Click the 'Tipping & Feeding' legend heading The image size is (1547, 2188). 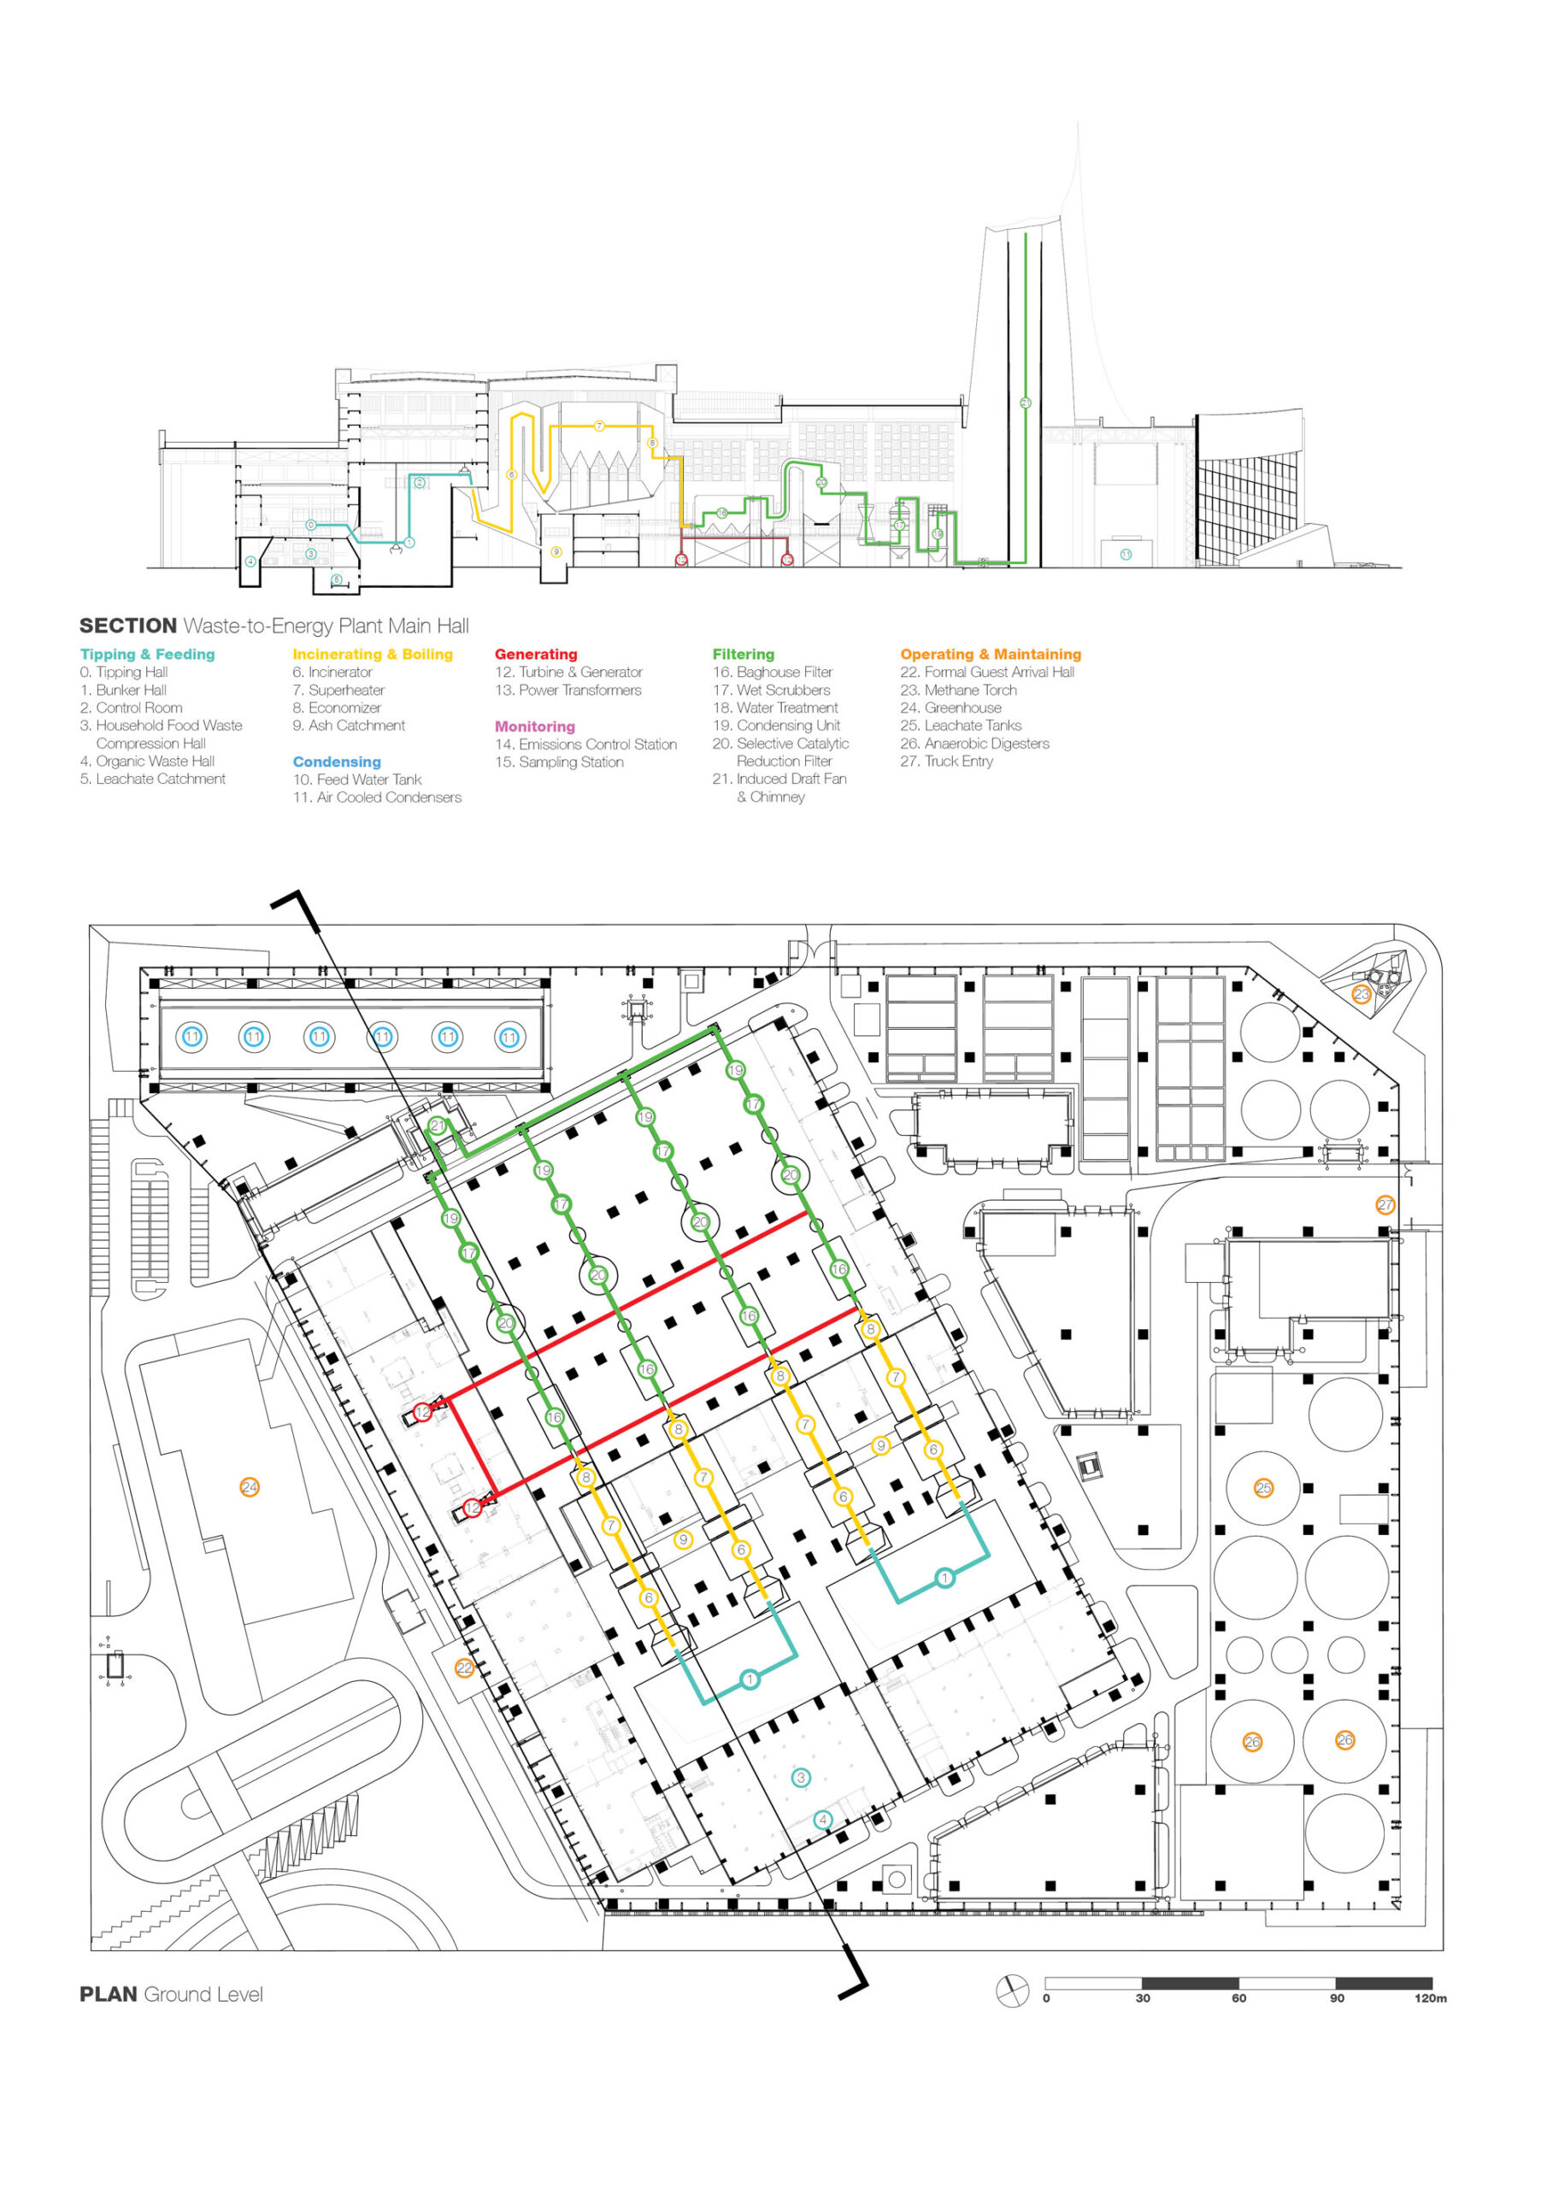click(x=147, y=654)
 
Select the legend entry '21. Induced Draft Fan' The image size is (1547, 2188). click(x=779, y=779)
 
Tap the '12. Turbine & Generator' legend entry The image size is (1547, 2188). click(x=568, y=672)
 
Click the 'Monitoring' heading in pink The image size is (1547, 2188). click(x=534, y=726)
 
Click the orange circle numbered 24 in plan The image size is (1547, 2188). click(x=249, y=1486)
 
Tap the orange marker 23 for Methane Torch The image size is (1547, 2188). click(x=1362, y=994)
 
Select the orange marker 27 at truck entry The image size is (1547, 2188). click(x=1385, y=1204)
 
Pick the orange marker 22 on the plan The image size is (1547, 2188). click(x=464, y=1667)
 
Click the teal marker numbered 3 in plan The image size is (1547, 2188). click(x=801, y=1776)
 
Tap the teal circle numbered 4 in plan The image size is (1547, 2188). click(x=822, y=1820)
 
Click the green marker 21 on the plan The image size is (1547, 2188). click(x=437, y=1126)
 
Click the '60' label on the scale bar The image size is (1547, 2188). click(x=1238, y=1998)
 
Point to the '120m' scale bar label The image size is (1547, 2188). click(x=1430, y=1998)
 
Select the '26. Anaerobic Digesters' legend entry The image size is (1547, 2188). click(x=974, y=744)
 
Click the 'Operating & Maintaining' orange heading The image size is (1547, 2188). click(x=991, y=654)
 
